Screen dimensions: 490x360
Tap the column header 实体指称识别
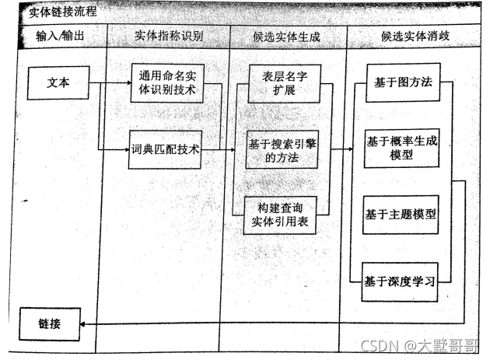168,36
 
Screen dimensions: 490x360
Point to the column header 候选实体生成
287,36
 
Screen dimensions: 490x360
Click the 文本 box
58,83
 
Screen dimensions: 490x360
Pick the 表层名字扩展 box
283,83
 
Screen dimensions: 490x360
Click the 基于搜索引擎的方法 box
283,150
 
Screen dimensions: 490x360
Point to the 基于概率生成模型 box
402,148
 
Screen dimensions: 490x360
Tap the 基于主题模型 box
401,214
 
